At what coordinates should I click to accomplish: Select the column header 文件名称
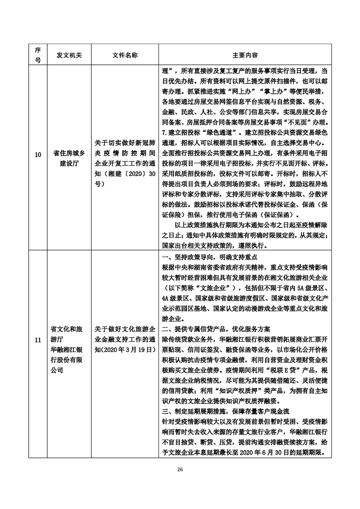[125, 55]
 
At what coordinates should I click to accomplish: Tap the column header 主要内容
[246, 55]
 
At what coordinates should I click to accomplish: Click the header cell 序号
[38, 55]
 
